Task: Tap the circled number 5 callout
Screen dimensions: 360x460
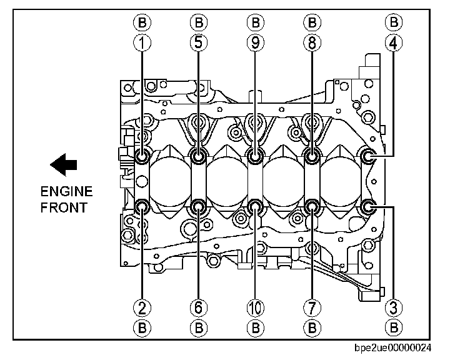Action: point(199,44)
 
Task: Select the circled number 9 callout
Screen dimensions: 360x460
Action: point(255,44)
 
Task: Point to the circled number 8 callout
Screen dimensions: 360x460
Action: point(311,44)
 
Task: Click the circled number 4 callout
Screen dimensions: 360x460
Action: point(394,44)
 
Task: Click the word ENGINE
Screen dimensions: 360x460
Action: point(66,192)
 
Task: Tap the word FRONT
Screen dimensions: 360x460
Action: point(64,207)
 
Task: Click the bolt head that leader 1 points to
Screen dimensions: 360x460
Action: point(142,156)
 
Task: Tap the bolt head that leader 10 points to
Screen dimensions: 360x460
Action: point(255,206)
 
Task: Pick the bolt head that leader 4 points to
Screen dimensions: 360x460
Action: point(369,156)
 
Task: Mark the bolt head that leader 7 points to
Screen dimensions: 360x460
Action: point(311,206)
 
